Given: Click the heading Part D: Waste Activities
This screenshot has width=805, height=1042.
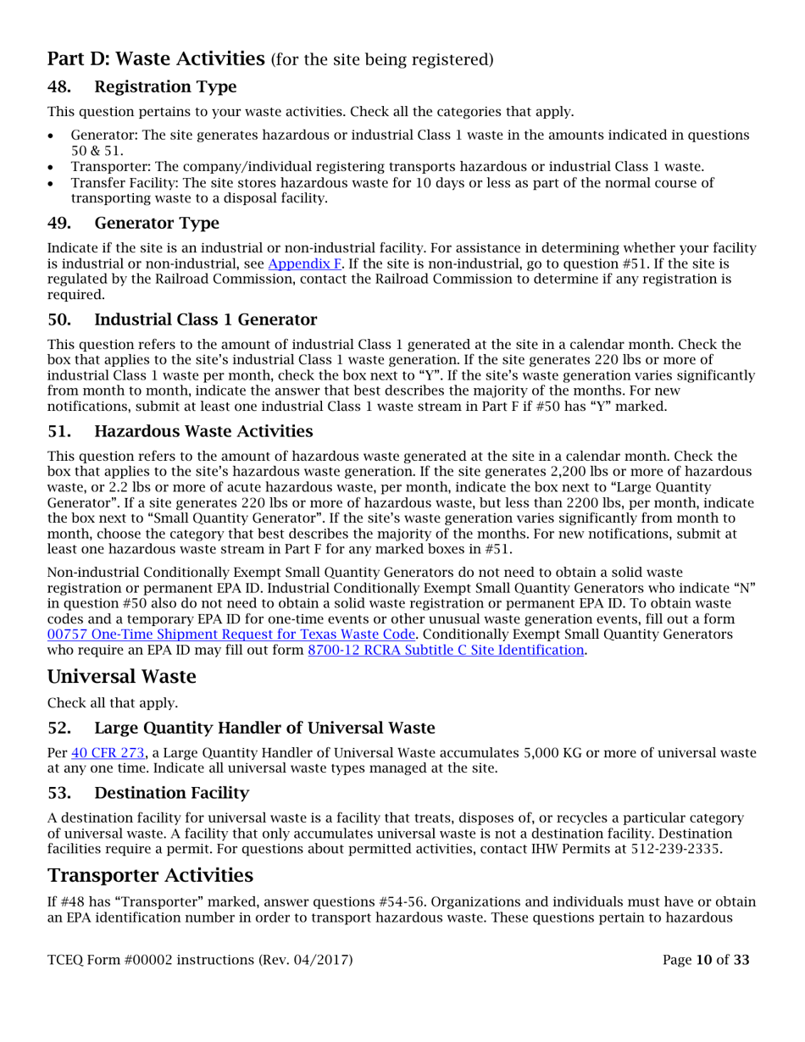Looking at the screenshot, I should (156, 58).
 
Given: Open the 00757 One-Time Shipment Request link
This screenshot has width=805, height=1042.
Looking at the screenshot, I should (231, 634).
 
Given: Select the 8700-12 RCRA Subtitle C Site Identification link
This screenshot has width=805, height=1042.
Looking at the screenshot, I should (446, 650).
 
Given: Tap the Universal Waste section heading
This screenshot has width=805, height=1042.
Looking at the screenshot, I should (121, 677).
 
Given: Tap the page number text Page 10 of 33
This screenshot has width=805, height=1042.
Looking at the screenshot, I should (706, 960).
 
